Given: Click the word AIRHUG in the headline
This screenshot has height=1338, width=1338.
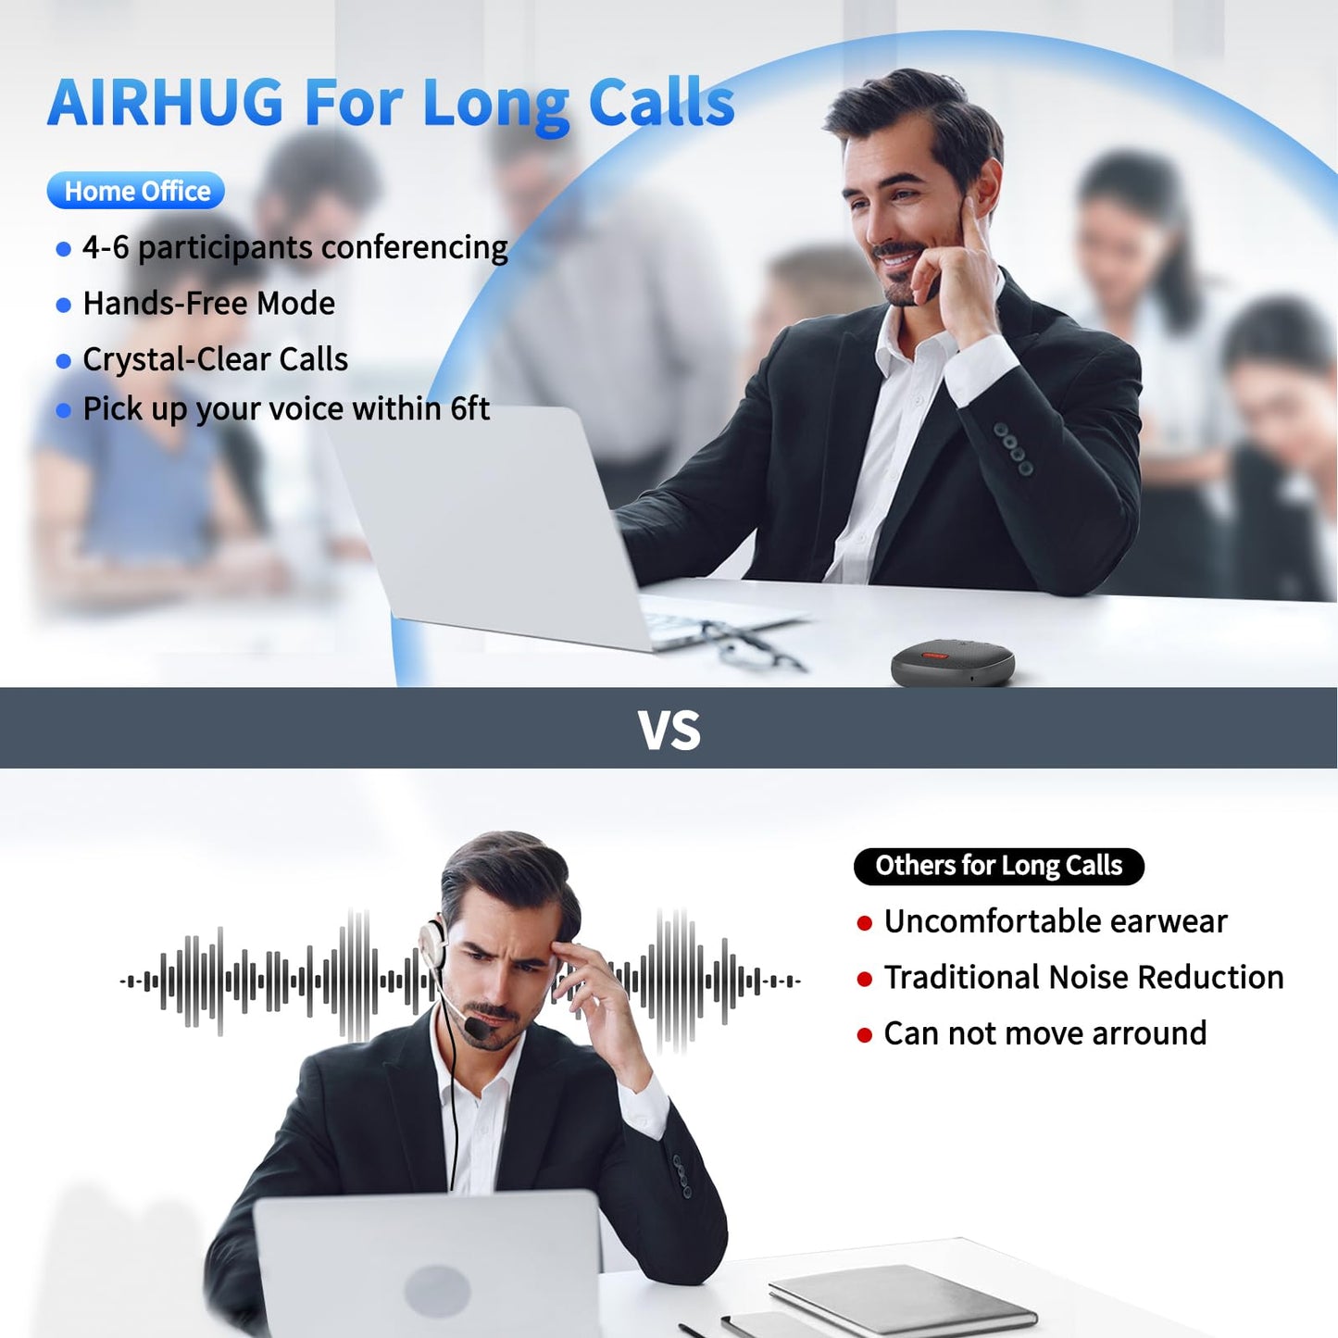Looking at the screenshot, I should point(166,103).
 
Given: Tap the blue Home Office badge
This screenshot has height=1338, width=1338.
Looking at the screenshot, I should point(136,191).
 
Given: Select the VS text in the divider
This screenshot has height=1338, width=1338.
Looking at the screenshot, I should point(669,731).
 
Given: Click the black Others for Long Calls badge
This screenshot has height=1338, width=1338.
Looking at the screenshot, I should point(998,866).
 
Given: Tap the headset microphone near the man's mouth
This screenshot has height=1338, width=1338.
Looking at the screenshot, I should point(478,1027).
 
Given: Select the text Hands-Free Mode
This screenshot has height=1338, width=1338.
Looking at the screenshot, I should point(208,304).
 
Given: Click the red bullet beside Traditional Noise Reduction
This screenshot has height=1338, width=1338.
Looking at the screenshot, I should point(865,980).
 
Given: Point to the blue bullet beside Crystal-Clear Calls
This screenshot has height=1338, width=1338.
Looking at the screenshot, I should point(64,361).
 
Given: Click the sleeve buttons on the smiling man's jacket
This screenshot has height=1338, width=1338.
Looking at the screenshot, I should point(1013,449).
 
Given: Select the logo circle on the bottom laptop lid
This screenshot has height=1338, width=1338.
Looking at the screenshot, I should point(437,1290).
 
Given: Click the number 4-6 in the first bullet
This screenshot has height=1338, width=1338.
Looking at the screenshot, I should point(106,248).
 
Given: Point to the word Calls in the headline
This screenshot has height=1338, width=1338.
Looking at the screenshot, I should point(661,103).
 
